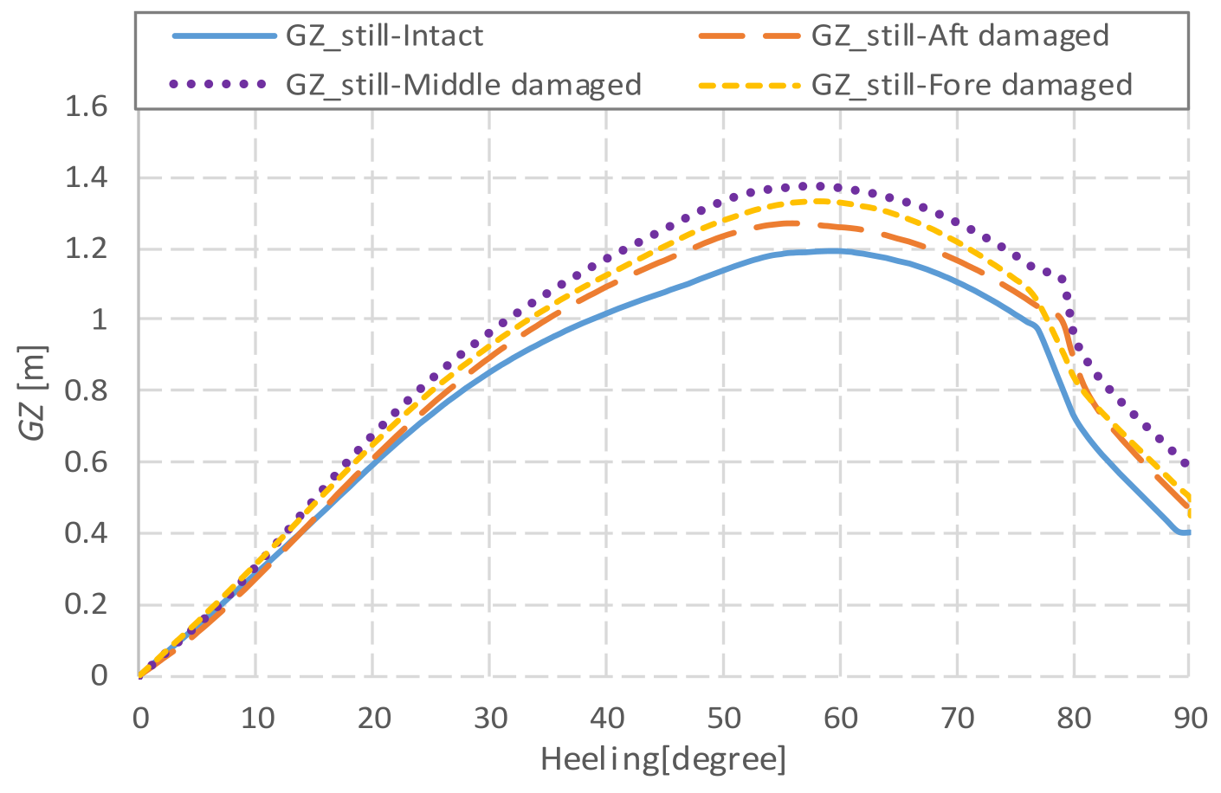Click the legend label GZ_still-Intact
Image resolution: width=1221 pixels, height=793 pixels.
click(x=384, y=35)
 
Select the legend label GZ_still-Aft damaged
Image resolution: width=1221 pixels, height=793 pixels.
click(x=959, y=35)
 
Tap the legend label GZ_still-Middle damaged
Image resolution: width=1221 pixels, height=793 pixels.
click(x=463, y=84)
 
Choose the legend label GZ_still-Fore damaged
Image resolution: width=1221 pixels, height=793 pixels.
click(x=972, y=84)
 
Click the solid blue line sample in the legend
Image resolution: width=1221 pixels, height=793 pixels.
click(x=223, y=35)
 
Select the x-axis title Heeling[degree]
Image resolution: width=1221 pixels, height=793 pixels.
click(x=663, y=759)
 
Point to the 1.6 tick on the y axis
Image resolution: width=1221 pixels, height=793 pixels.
click(x=86, y=107)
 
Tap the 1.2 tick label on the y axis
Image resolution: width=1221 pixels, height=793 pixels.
click(x=86, y=249)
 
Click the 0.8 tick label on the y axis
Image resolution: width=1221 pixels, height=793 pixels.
click(x=86, y=391)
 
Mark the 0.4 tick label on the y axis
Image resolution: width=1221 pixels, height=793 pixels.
click(x=86, y=533)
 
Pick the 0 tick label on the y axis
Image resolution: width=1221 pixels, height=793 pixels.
click(x=100, y=675)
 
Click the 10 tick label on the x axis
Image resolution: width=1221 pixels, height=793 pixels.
click(x=256, y=718)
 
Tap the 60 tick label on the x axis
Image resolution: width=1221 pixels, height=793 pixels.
click(x=840, y=718)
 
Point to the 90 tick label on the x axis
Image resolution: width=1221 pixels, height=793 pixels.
click(x=1190, y=718)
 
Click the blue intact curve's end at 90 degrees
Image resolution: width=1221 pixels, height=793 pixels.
click(x=1188, y=532)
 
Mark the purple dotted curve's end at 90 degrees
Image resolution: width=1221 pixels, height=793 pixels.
click(x=1185, y=463)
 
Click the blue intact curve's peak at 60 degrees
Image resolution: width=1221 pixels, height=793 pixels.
click(x=836, y=251)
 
